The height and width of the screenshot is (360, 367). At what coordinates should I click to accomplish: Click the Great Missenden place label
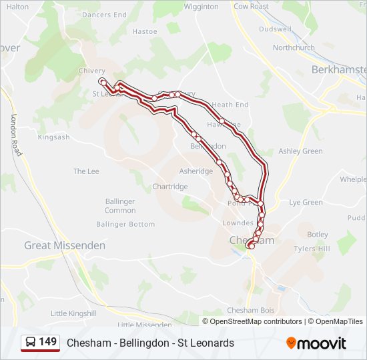point(65,245)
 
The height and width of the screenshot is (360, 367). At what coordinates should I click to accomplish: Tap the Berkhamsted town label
point(340,69)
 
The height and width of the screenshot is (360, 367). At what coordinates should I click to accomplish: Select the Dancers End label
point(104,15)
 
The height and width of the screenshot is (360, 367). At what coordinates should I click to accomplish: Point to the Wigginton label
point(201,7)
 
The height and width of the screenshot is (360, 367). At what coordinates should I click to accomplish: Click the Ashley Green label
point(300,151)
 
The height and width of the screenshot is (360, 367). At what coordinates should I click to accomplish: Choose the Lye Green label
point(306,202)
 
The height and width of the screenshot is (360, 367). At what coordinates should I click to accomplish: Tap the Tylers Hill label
point(313,249)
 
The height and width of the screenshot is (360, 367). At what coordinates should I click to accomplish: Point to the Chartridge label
point(169,187)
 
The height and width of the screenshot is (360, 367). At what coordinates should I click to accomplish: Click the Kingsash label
point(53,137)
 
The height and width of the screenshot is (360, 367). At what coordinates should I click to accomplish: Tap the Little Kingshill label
point(73,313)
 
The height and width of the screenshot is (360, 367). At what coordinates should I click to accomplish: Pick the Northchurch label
point(294,48)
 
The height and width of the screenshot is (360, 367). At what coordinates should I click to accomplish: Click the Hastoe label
point(145,31)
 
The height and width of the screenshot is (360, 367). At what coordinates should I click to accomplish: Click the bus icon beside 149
point(31,342)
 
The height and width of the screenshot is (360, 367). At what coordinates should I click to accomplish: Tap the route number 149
point(47,342)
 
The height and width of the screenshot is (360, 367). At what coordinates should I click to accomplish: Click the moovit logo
point(316,343)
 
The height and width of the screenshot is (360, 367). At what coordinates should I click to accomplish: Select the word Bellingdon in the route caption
point(141,343)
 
